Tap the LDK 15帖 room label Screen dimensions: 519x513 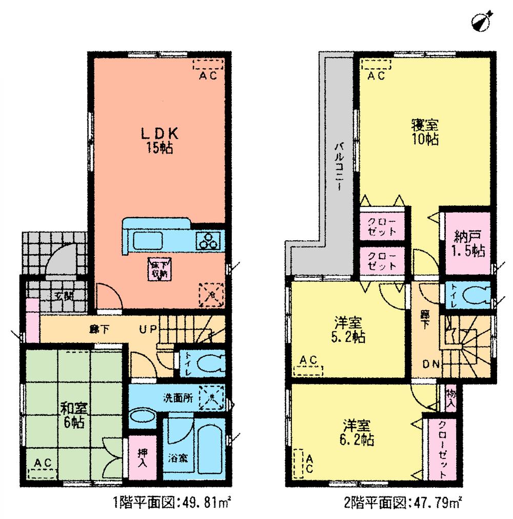160,140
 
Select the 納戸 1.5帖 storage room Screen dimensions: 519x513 467,244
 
